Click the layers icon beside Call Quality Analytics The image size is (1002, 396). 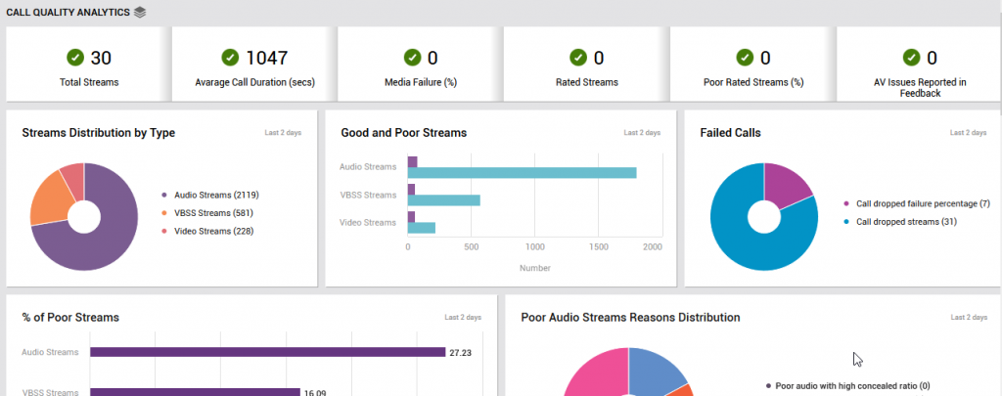(140, 12)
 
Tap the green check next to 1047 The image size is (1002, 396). (231, 58)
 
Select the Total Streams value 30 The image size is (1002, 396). (102, 58)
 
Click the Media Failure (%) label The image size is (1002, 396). (420, 82)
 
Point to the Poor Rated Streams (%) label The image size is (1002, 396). (752, 82)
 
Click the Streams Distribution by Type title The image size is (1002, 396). (98, 133)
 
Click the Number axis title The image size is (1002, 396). (534, 268)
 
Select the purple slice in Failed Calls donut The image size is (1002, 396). (786, 184)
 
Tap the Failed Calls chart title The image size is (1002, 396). (730, 133)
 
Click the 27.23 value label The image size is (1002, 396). (459, 352)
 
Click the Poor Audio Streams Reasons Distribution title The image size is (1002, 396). (630, 317)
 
